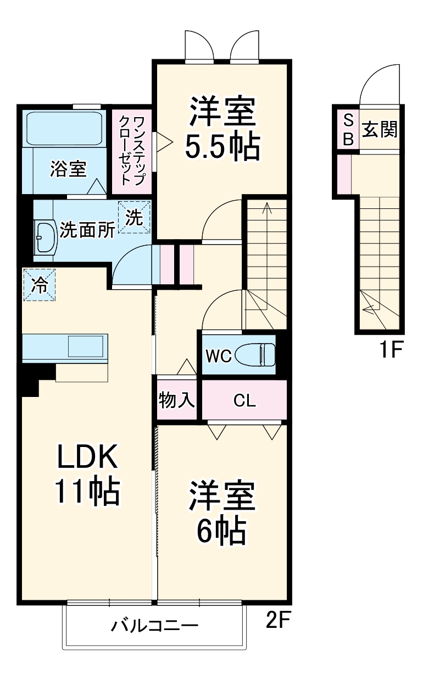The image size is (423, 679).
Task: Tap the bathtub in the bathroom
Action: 65,129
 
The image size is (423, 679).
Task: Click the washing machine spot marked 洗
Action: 134,218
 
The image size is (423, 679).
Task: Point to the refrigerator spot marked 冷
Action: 39,285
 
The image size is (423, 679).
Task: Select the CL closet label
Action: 244,401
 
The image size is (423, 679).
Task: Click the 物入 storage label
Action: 177,400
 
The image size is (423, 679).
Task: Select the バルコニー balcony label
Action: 154,625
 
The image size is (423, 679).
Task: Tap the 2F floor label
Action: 277,621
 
